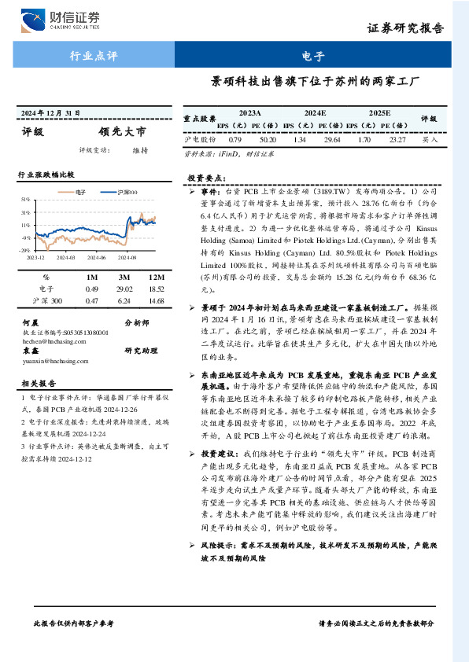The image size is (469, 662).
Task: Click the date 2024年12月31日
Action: point(50,114)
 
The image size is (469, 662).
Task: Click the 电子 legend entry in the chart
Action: point(76,191)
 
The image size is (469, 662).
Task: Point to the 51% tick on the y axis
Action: point(26,200)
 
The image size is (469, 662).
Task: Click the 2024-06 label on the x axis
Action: point(96,256)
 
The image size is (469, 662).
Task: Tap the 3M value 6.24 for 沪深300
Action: point(124,301)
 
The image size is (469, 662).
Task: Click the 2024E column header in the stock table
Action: point(315,113)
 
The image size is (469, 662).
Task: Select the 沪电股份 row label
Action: point(200,139)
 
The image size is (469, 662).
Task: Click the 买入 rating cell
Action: point(430,139)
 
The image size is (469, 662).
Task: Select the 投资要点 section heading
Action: point(208,178)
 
